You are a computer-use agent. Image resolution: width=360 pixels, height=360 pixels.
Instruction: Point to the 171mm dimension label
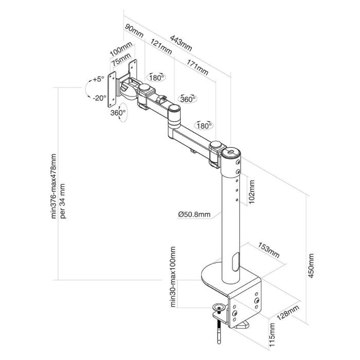coord(198,67)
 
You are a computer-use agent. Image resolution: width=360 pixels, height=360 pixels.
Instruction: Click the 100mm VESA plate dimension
coord(121,53)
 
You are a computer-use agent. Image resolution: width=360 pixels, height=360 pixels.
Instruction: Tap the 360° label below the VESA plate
coord(118,113)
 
